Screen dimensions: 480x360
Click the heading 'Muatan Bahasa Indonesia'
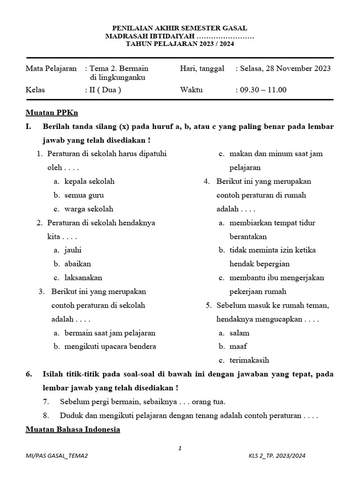click(73, 429)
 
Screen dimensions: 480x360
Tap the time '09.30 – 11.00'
click(263, 90)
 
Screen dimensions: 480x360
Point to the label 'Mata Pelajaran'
click(51, 68)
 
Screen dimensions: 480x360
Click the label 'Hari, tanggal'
click(202, 68)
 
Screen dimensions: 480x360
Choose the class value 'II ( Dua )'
click(105, 90)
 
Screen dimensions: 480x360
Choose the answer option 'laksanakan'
click(83, 277)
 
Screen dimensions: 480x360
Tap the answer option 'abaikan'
click(78, 263)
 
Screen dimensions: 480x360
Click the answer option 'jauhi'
click(73, 250)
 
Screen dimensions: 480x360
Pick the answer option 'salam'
click(240, 333)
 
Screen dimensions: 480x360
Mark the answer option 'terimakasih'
click(249, 360)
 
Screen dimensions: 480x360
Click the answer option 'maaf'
click(238, 346)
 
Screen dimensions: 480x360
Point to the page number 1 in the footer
click(180, 449)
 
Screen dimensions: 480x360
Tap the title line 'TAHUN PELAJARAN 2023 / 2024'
click(180, 44)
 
